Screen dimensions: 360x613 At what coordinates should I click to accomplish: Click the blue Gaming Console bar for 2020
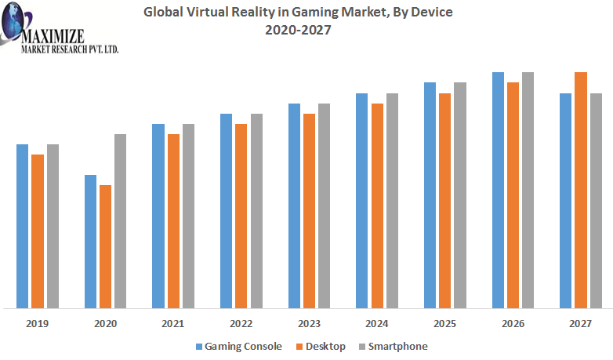[90, 241]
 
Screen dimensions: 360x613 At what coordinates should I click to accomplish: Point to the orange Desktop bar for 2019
[38, 231]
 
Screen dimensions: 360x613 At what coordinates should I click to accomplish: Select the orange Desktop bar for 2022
[241, 216]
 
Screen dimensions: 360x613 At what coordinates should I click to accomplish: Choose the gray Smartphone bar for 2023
[324, 205]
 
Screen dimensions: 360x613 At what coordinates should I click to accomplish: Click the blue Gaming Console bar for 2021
[158, 216]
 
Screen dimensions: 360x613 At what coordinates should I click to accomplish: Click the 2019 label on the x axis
[38, 323]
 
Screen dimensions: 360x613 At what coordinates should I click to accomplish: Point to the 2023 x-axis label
[309, 323]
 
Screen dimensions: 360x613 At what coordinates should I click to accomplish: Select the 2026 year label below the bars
[513, 323]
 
